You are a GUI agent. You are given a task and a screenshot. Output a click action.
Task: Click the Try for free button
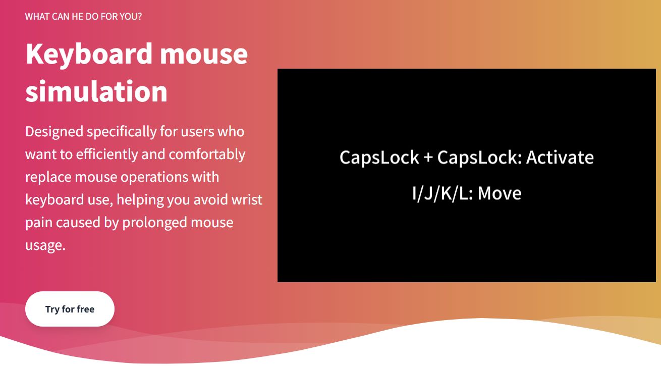pos(70,309)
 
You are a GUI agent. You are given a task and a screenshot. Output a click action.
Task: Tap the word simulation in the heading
pos(96,91)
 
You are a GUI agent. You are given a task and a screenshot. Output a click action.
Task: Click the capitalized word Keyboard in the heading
pos(89,54)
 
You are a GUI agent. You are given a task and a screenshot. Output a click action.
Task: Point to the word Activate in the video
pos(560,158)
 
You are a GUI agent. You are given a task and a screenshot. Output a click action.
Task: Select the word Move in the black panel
pos(500,193)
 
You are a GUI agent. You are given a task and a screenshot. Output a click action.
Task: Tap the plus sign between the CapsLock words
pos(428,158)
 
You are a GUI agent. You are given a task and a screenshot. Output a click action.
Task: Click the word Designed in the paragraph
pos(54,132)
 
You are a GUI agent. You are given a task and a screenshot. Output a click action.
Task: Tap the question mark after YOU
pos(139,17)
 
